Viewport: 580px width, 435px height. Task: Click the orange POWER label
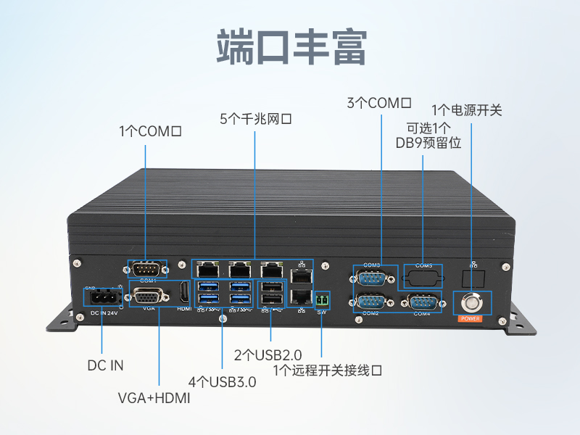[x=473, y=318]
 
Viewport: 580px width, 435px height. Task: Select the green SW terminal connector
[x=323, y=299]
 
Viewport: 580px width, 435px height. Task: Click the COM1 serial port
[x=148, y=268]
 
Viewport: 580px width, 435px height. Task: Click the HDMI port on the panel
[x=184, y=294]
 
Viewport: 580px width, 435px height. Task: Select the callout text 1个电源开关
[x=467, y=110]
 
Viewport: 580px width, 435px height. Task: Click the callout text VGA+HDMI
[x=154, y=398]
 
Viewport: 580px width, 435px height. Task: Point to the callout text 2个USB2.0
[x=268, y=355]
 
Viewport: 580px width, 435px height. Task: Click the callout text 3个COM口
[x=379, y=103]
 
